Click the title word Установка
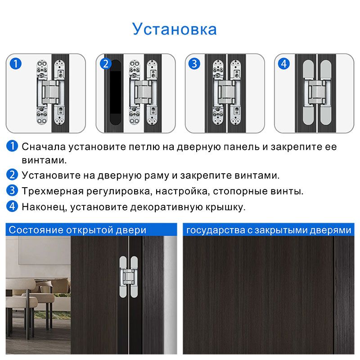click(175, 29)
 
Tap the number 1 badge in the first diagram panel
click(16, 64)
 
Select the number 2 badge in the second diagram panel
click(106, 64)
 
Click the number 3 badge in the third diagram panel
click(194, 64)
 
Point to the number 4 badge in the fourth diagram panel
click(284, 64)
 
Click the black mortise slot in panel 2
click(115, 92)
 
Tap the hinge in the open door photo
click(129, 277)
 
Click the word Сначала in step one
click(44, 147)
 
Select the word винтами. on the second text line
click(44, 160)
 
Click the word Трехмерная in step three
click(53, 191)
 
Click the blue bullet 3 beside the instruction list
click(12, 190)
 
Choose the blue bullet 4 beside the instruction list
click(12, 206)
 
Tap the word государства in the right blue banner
click(216, 230)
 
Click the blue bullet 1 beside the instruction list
click(12, 146)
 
